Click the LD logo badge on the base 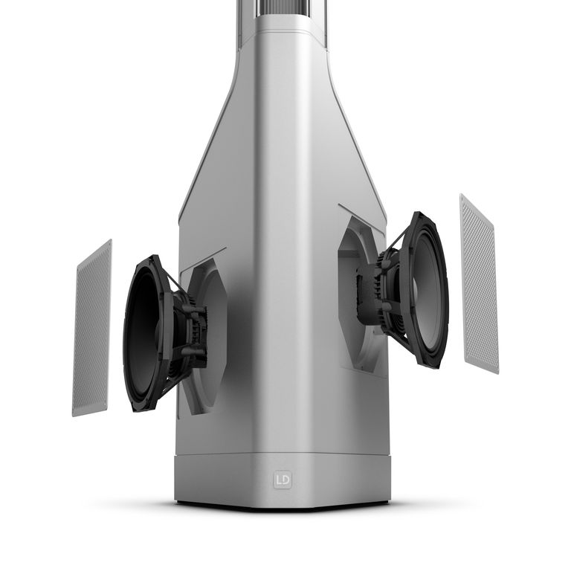[x=283, y=480]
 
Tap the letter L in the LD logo [x=279, y=480]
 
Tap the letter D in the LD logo [x=285, y=480]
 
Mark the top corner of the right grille [x=462, y=196]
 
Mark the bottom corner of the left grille [x=74, y=414]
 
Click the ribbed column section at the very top [x=283, y=9]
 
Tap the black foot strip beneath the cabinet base [x=283, y=506]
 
